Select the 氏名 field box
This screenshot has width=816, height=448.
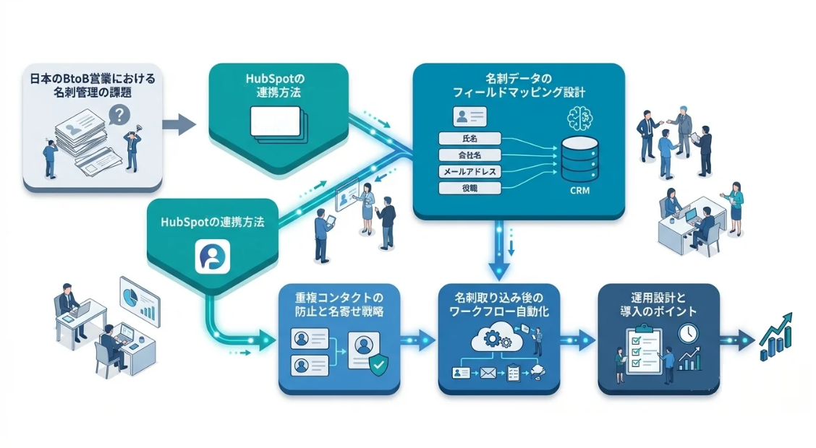click(470, 137)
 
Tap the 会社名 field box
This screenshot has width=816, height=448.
click(470, 154)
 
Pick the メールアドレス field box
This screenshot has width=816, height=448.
click(470, 171)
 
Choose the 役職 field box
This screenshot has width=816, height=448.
click(470, 189)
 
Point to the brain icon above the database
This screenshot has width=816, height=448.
click(579, 118)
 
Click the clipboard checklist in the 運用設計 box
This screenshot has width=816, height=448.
click(642, 352)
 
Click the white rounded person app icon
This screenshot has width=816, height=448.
click(213, 257)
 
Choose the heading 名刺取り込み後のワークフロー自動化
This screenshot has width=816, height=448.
click(497, 304)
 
